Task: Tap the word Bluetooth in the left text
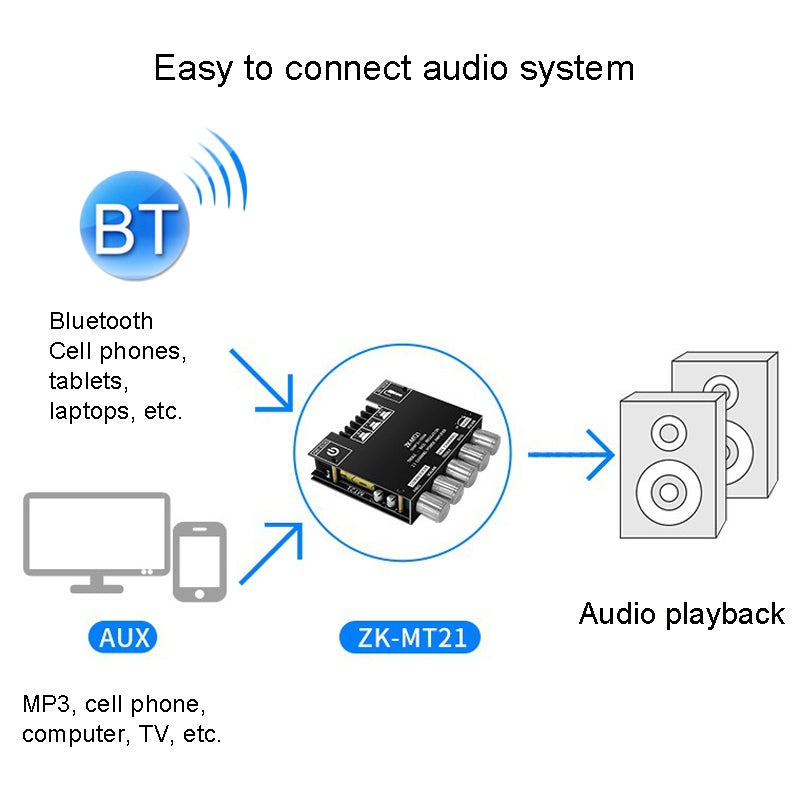pos(101,321)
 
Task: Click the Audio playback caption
pos(681,613)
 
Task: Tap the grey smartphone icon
pos(200,561)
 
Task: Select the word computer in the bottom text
pos(70,734)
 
